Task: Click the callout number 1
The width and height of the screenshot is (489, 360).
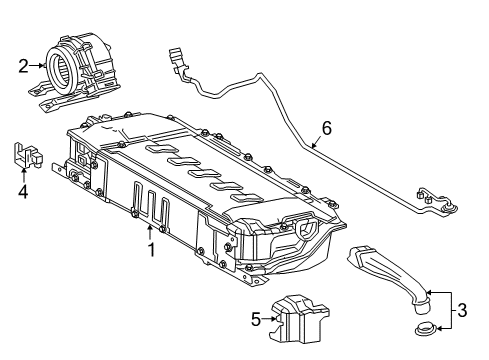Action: pos(152,250)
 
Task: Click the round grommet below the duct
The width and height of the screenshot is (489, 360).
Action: pos(428,329)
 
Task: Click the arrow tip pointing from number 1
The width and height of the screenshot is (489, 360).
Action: pos(143,229)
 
